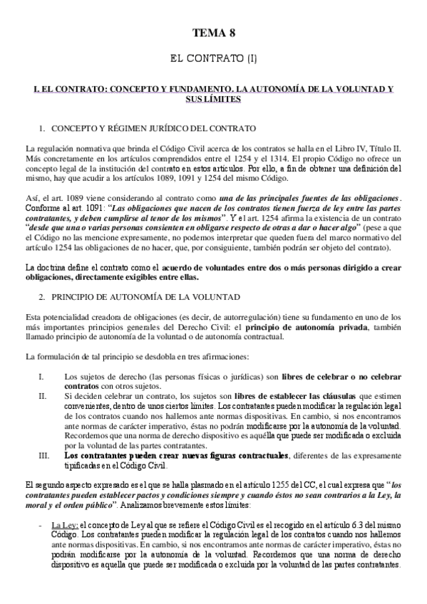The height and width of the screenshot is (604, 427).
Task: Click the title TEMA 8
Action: pos(213,33)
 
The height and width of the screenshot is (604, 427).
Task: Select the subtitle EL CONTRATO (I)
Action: pos(213,55)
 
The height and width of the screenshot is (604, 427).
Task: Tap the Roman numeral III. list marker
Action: pos(43,454)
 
